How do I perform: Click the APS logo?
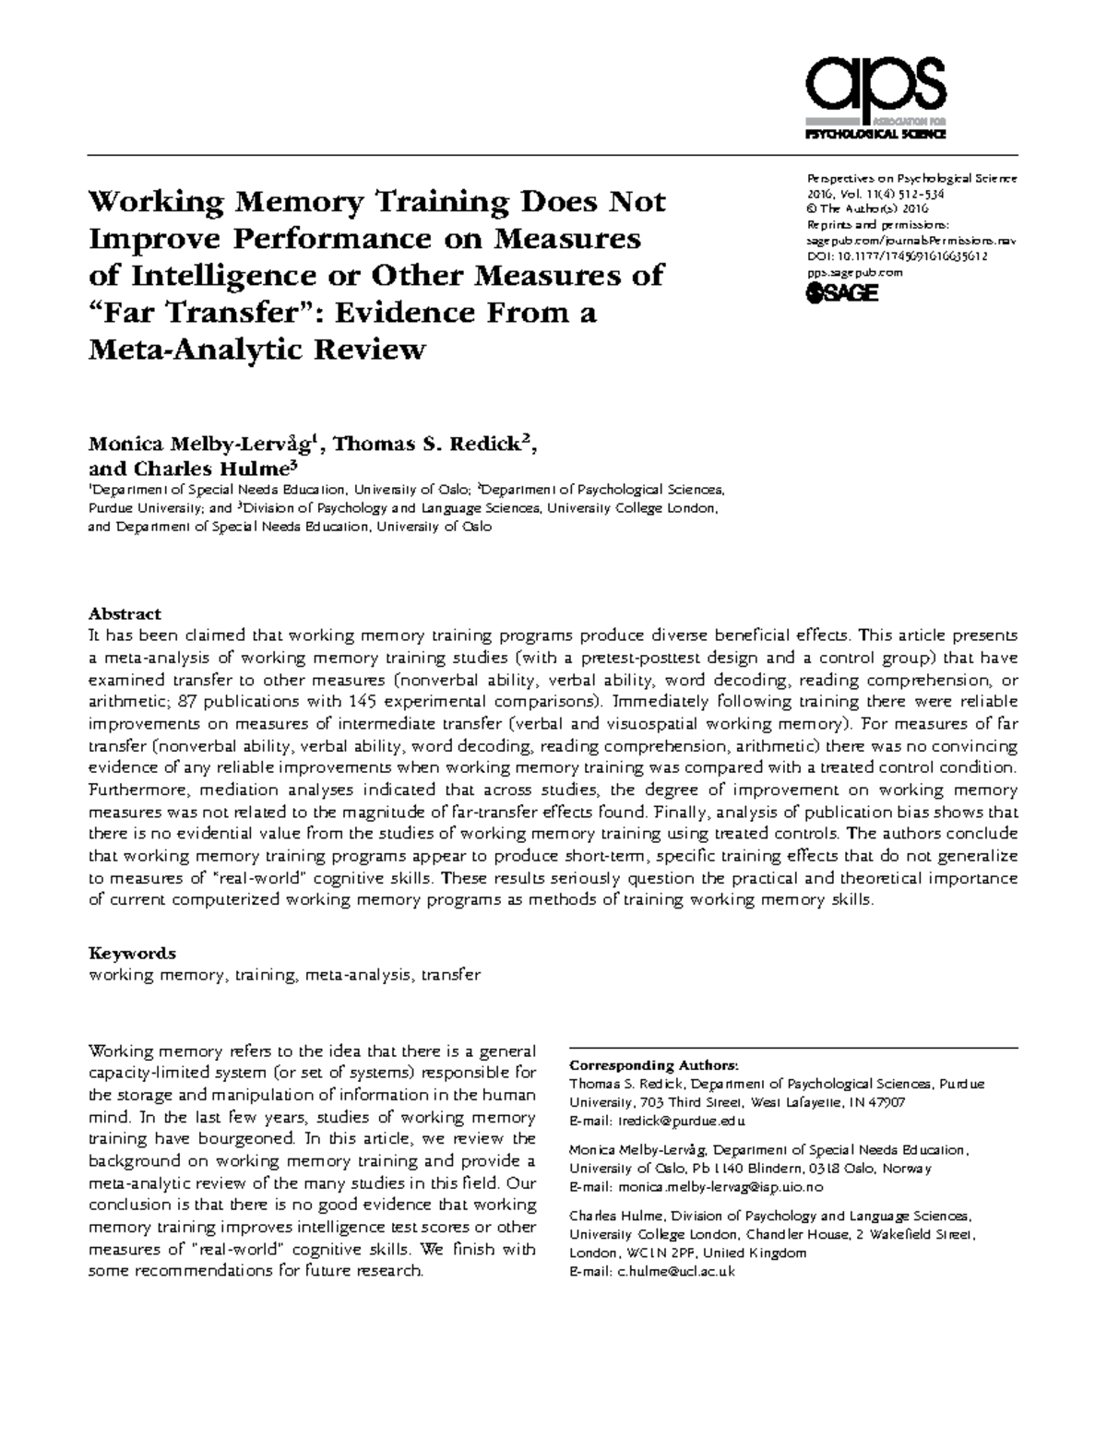point(875,97)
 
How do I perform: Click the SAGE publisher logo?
point(842,293)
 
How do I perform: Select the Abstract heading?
point(125,613)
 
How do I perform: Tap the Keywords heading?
point(132,953)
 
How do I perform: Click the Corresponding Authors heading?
point(654,1066)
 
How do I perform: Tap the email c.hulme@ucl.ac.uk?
point(675,1271)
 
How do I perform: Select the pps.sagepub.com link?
point(854,273)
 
